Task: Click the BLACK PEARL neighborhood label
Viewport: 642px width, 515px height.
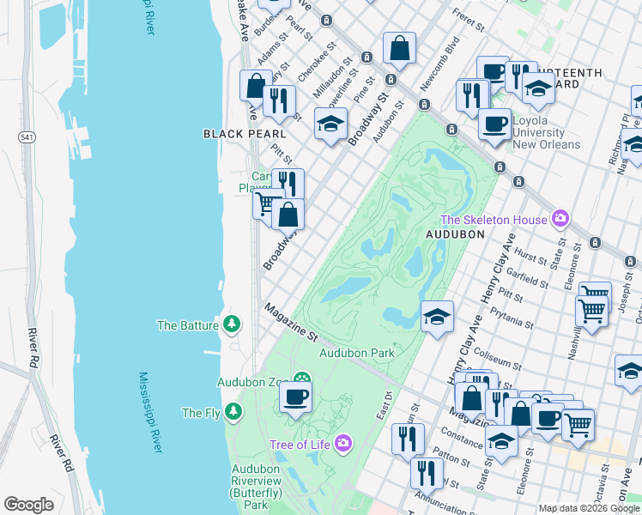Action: point(238,134)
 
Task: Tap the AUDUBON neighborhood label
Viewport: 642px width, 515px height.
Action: point(456,233)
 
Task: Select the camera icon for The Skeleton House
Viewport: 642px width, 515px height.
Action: point(560,220)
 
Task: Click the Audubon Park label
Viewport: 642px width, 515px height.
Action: point(356,353)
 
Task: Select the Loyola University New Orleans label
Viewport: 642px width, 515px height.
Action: point(546,133)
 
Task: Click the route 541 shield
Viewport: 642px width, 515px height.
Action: point(27,136)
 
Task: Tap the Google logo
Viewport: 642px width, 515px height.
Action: point(28,504)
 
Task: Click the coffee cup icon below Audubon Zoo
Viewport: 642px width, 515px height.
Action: point(295,397)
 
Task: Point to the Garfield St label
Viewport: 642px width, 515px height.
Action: point(527,279)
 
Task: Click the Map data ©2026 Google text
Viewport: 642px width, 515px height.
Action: point(589,508)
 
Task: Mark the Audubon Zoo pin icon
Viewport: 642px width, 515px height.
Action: point(301,380)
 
